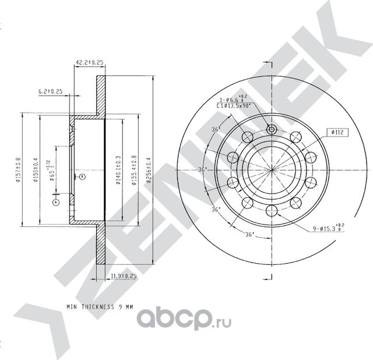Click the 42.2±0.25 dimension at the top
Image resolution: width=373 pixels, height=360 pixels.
coord(89,61)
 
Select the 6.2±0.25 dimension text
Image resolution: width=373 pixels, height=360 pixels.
coord(50,91)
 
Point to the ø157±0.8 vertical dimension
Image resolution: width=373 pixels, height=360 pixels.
coord(18,169)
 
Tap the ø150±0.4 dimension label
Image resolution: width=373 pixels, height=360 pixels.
coord(36,170)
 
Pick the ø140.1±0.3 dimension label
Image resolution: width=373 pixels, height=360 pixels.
coord(118,169)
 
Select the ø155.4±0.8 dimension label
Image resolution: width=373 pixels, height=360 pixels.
coord(134,169)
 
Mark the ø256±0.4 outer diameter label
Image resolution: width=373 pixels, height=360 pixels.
coord(149,170)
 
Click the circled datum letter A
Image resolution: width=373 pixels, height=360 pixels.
coord(56,202)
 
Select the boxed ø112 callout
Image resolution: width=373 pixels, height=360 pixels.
coord(337,132)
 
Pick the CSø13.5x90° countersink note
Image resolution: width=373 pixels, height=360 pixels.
coord(233,107)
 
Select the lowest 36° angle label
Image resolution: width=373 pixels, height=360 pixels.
coord(249,236)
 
